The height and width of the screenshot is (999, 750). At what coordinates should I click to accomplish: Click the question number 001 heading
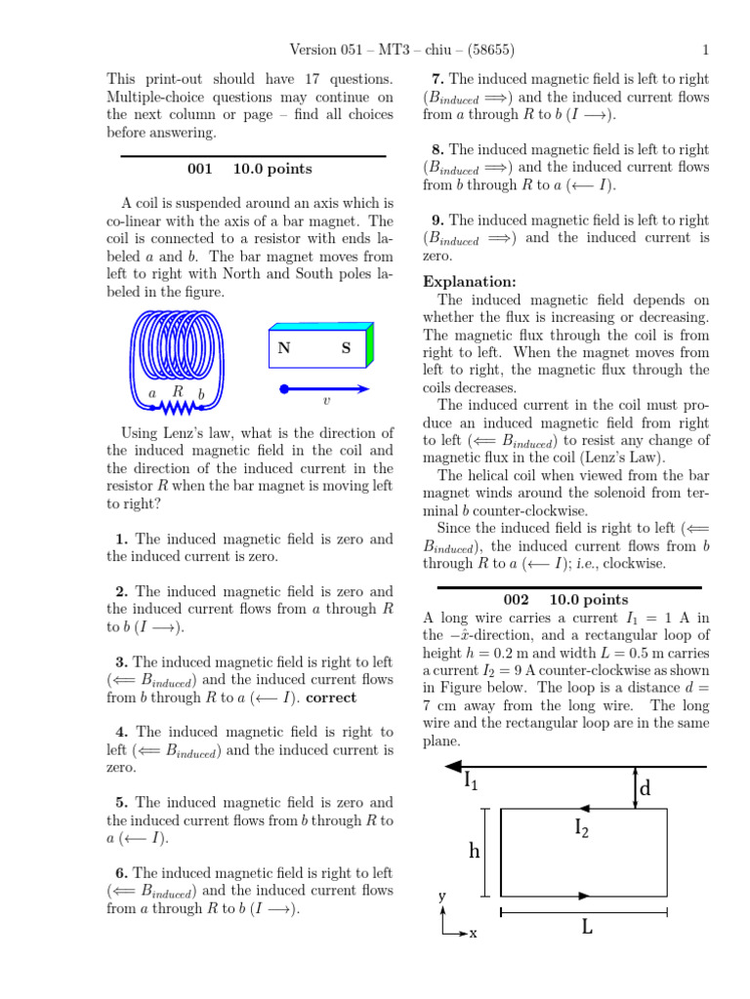tap(199, 169)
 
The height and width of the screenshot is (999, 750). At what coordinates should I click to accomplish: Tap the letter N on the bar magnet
tap(284, 348)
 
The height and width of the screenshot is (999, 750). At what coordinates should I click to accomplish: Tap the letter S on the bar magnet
tap(346, 348)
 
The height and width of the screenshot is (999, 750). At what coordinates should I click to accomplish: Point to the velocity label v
tap(326, 401)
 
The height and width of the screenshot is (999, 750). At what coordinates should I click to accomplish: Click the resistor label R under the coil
tap(178, 391)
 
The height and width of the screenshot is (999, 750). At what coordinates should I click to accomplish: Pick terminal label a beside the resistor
tap(151, 394)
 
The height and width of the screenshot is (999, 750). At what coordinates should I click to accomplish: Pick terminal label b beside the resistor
tap(201, 394)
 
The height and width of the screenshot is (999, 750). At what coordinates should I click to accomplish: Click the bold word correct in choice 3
tap(331, 697)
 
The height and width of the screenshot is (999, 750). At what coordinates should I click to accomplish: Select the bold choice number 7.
tap(437, 79)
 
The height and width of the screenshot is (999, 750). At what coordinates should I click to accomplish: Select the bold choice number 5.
tap(121, 802)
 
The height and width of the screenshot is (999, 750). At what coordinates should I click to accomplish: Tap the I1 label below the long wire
tap(471, 779)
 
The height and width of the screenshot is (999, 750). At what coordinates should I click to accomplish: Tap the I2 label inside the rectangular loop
tap(581, 828)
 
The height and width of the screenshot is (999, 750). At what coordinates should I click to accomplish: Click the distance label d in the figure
tap(644, 787)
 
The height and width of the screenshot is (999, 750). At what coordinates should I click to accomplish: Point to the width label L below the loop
tap(587, 927)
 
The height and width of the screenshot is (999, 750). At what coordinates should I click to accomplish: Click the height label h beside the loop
tap(475, 851)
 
